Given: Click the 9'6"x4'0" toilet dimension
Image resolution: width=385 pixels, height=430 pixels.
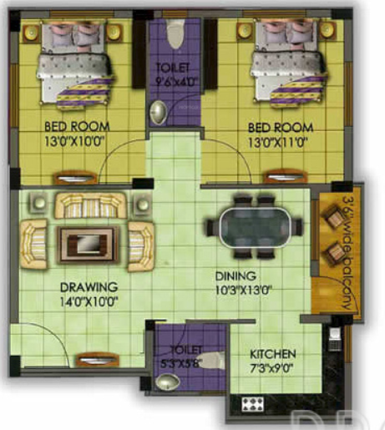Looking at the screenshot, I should [174, 82].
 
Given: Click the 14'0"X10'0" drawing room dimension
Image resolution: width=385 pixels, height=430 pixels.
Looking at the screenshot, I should [89, 301].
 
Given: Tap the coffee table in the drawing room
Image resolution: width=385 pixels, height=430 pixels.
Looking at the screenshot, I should [87, 243].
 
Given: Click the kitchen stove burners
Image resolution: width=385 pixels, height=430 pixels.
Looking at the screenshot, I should [254, 403].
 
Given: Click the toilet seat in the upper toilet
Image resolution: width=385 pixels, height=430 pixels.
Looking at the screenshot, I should [174, 33].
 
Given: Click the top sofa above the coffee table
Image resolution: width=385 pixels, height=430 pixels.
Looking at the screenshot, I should [89, 205].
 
